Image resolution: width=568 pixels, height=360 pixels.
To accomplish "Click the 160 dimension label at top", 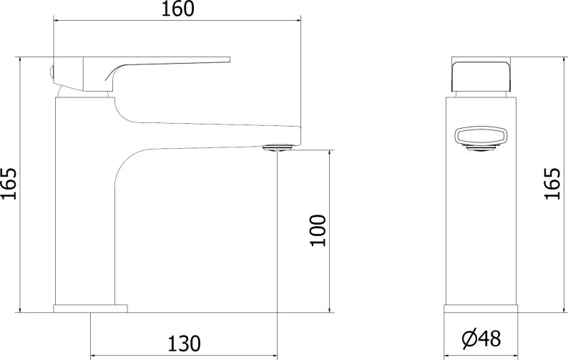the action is point(177,9).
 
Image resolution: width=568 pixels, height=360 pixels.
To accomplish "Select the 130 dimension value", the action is point(184,344).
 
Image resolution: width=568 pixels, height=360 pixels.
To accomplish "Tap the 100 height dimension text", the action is point(318,230).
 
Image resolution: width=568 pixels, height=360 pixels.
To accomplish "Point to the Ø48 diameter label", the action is point(481,339).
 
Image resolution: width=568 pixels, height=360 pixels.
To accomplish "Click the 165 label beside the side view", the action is point(552,183).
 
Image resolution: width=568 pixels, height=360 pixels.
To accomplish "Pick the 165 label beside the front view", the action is point(9,183).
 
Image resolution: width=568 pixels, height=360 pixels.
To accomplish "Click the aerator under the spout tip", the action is point(278,147).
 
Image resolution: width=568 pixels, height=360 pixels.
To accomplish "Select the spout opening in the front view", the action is point(481,137).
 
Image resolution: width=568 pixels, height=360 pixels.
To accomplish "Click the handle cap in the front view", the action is point(481,77).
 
